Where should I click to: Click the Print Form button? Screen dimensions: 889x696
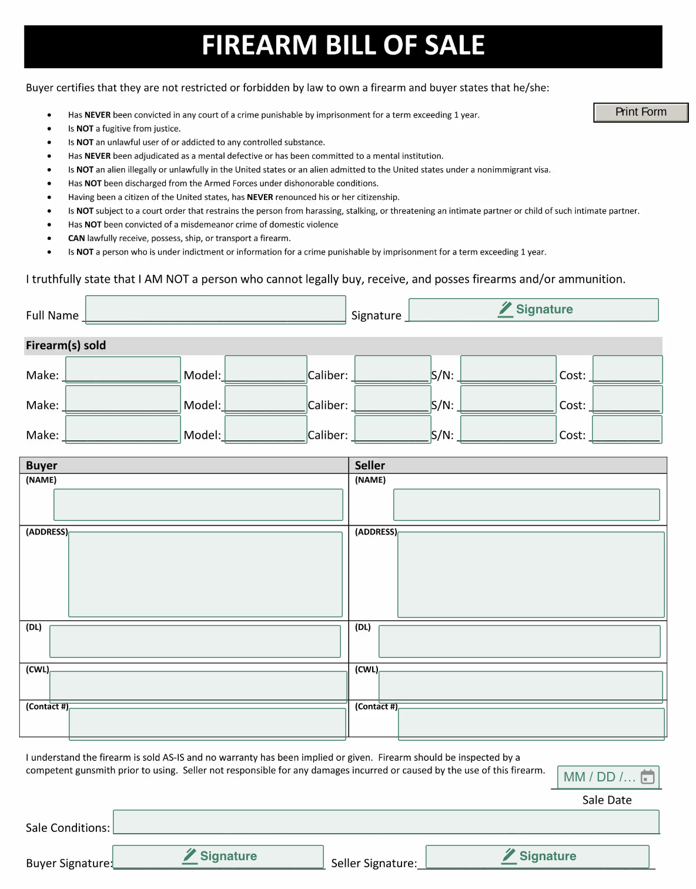pos(640,112)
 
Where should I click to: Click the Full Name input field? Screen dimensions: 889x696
pos(215,309)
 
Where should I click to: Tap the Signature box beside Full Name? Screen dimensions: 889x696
pos(533,310)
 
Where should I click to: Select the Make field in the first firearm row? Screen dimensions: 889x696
pos(122,370)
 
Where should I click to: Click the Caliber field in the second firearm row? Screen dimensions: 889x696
pos(392,399)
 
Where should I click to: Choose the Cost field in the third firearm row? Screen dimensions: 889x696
pos(627,429)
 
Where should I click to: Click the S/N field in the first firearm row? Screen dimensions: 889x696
pos(508,370)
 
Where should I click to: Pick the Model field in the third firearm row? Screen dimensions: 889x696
pos(266,429)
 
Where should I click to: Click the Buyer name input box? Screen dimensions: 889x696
pos(198,504)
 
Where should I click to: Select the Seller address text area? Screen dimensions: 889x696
pos(531,574)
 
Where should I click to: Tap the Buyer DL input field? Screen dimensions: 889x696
pos(195,641)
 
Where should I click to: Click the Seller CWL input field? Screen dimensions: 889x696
pos(520,686)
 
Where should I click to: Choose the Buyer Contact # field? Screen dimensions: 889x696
pos(207,723)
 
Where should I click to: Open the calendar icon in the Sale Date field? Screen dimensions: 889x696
pos(647,777)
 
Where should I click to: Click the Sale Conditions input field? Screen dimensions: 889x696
pos(386,821)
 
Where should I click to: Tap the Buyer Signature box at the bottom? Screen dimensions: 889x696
pos(217,856)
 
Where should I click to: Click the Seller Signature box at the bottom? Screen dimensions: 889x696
pos(537,856)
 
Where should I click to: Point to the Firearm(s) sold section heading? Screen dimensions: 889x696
pos(66,346)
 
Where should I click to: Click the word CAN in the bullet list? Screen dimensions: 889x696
pos(76,238)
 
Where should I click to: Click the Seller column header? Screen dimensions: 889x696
pos(370,466)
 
